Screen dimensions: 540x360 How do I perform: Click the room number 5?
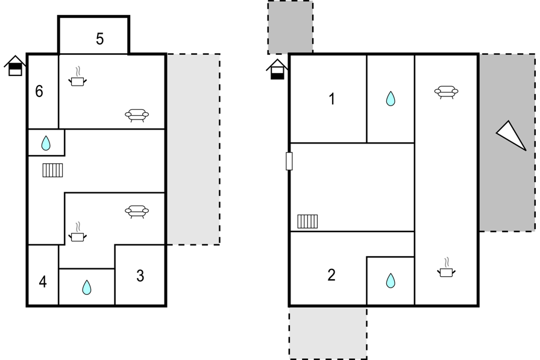point(100,39)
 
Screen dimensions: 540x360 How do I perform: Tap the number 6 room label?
point(39,91)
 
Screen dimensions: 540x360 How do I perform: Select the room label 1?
point(332,99)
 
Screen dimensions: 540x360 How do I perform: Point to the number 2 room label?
point(331,275)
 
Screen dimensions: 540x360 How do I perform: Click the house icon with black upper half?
point(15,66)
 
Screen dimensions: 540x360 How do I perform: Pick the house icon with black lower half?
point(277,69)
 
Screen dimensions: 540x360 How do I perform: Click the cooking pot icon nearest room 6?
point(78,77)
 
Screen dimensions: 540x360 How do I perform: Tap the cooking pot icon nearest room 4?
point(78,232)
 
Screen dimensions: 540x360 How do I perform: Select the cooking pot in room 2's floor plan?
point(447,267)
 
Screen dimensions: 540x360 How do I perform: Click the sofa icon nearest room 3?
point(137,212)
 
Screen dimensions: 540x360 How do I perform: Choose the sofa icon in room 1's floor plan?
point(447,92)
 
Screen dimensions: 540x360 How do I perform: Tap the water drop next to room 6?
point(46,143)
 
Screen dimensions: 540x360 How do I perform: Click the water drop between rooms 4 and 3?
point(87,287)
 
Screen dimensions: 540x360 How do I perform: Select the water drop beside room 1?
point(391,98)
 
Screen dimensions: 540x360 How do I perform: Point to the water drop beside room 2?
point(391,280)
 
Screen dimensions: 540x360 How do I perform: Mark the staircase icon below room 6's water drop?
point(52,170)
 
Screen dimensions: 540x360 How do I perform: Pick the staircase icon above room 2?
point(307,221)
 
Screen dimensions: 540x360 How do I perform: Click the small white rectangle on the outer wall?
point(289,161)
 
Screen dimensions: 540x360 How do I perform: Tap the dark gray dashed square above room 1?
point(290,27)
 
